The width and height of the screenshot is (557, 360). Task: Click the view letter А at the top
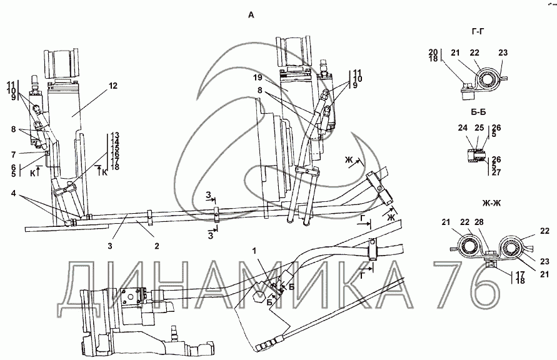tap(251, 15)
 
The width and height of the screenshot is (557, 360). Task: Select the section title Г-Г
tap(478, 32)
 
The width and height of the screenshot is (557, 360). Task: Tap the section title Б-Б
tap(478, 112)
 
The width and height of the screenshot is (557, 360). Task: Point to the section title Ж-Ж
tap(491, 203)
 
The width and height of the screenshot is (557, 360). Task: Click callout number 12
tap(113, 86)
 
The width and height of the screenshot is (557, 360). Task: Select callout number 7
tap(14, 155)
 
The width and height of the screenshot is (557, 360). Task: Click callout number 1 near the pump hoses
tap(254, 251)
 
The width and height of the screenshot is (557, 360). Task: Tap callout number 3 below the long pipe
tap(110, 246)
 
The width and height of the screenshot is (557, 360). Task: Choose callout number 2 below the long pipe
tap(157, 246)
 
